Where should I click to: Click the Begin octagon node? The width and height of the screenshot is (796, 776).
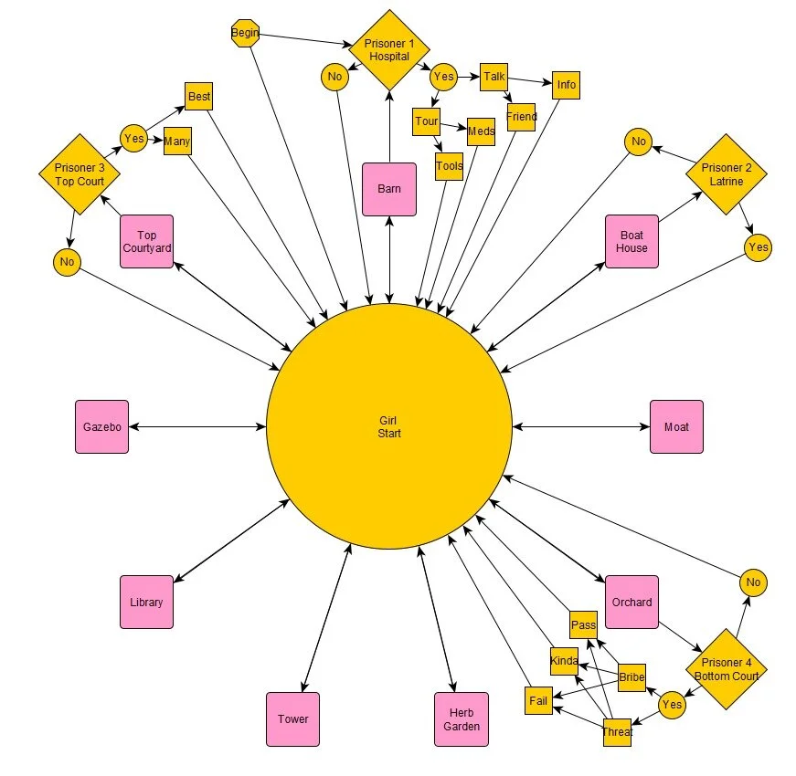[246, 34]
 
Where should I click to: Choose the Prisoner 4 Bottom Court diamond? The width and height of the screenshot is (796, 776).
[726, 669]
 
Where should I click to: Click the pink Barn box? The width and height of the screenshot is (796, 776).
[389, 189]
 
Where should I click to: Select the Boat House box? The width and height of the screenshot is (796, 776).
[631, 242]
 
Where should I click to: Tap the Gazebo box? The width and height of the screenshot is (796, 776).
[102, 426]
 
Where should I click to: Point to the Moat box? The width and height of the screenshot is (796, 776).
[676, 426]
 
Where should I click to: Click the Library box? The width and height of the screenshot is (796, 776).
[146, 602]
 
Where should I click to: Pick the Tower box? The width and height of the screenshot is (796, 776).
[293, 718]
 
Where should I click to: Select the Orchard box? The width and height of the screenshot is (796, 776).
[631, 602]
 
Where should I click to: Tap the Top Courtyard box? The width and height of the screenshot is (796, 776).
[146, 242]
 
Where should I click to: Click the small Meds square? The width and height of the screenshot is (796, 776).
[481, 131]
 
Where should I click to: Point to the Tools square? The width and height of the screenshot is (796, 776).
[449, 166]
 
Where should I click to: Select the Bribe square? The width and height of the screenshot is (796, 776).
[631, 677]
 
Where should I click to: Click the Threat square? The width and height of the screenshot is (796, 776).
[617, 732]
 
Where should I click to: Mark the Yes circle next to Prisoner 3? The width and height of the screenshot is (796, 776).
[133, 139]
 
